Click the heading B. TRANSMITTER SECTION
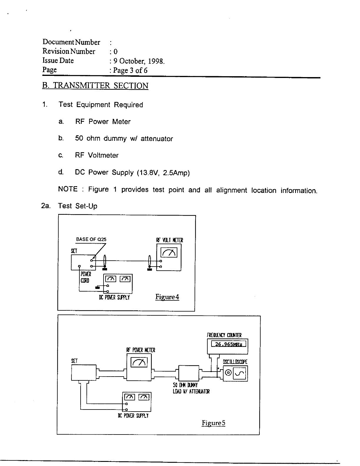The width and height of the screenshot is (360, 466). pyautogui.click(x=95, y=86)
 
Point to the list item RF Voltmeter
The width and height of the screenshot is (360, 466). pyautogui.click(x=96, y=155)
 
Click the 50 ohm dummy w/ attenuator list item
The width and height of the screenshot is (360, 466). pyautogui.click(x=124, y=139)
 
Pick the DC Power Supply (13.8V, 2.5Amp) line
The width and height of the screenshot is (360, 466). pyautogui.click(x=132, y=172)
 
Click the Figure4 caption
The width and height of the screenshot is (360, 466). pyautogui.click(x=167, y=297)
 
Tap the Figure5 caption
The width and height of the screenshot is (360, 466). pyautogui.click(x=214, y=423)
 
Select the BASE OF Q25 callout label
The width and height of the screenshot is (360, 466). pyautogui.click(x=91, y=239)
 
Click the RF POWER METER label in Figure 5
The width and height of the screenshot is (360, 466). pyautogui.click(x=141, y=350)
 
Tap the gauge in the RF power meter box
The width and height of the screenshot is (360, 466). pyautogui.click(x=139, y=362)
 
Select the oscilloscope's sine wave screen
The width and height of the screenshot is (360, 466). pyautogui.click(x=240, y=374)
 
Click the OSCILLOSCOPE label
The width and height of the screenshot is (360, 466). pyautogui.click(x=235, y=362)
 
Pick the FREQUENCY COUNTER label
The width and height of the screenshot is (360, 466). pyautogui.click(x=224, y=335)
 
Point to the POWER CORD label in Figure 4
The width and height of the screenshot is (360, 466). pyautogui.click(x=86, y=277)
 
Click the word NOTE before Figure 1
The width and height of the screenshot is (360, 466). pyautogui.click(x=68, y=189)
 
